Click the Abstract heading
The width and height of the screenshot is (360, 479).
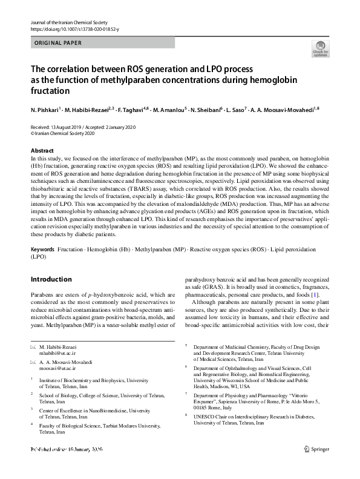tap(42, 150)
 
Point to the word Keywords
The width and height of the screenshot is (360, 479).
tap(42, 249)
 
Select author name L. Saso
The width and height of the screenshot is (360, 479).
tap(237, 111)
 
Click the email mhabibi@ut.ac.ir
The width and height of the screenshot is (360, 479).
tap(58, 351)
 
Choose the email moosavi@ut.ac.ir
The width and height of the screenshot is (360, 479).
tap(58, 367)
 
